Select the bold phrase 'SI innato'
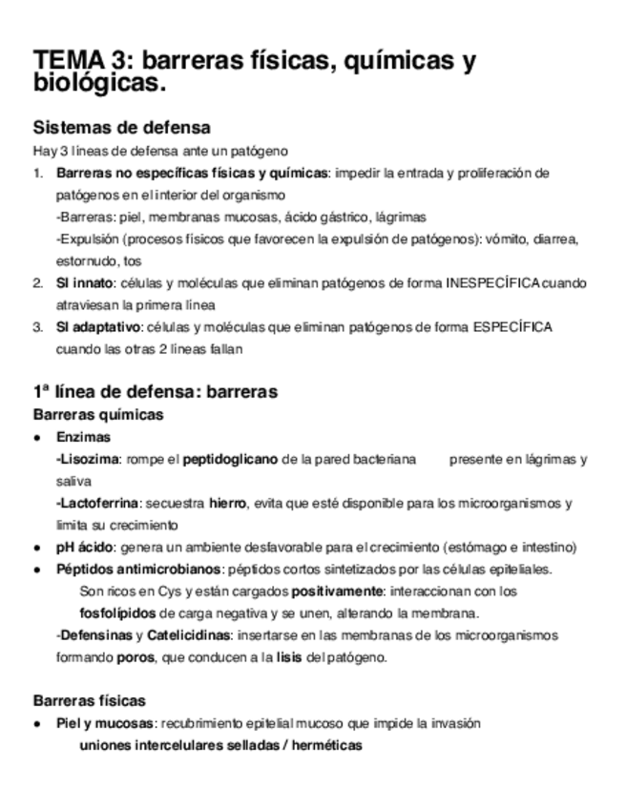click(84, 283)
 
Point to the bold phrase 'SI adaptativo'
click(97, 327)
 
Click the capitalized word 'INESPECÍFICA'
click(492, 283)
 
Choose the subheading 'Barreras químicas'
click(97, 414)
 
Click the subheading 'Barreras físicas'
click(89, 700)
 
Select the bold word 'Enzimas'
click(82, 437)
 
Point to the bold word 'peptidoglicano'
click(230, 459)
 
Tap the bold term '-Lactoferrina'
click(97, 503)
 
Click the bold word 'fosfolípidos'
click(119, 612)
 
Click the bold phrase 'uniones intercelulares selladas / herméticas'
click(221, 745)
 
